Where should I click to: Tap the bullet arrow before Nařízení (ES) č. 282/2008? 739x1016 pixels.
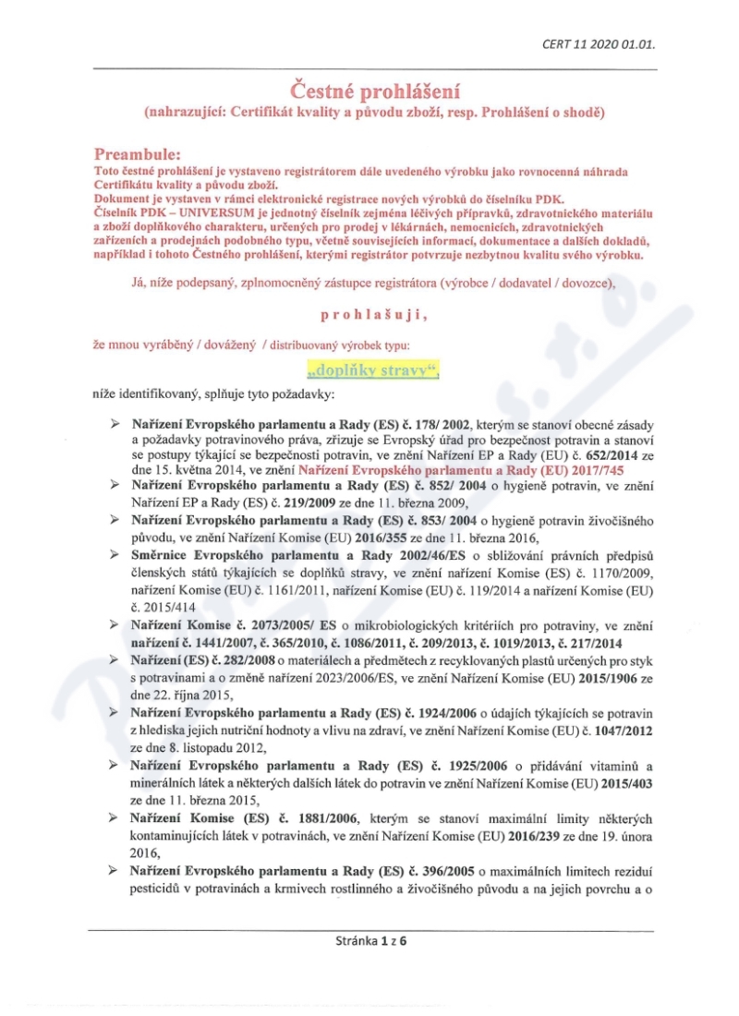[115, 659]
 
